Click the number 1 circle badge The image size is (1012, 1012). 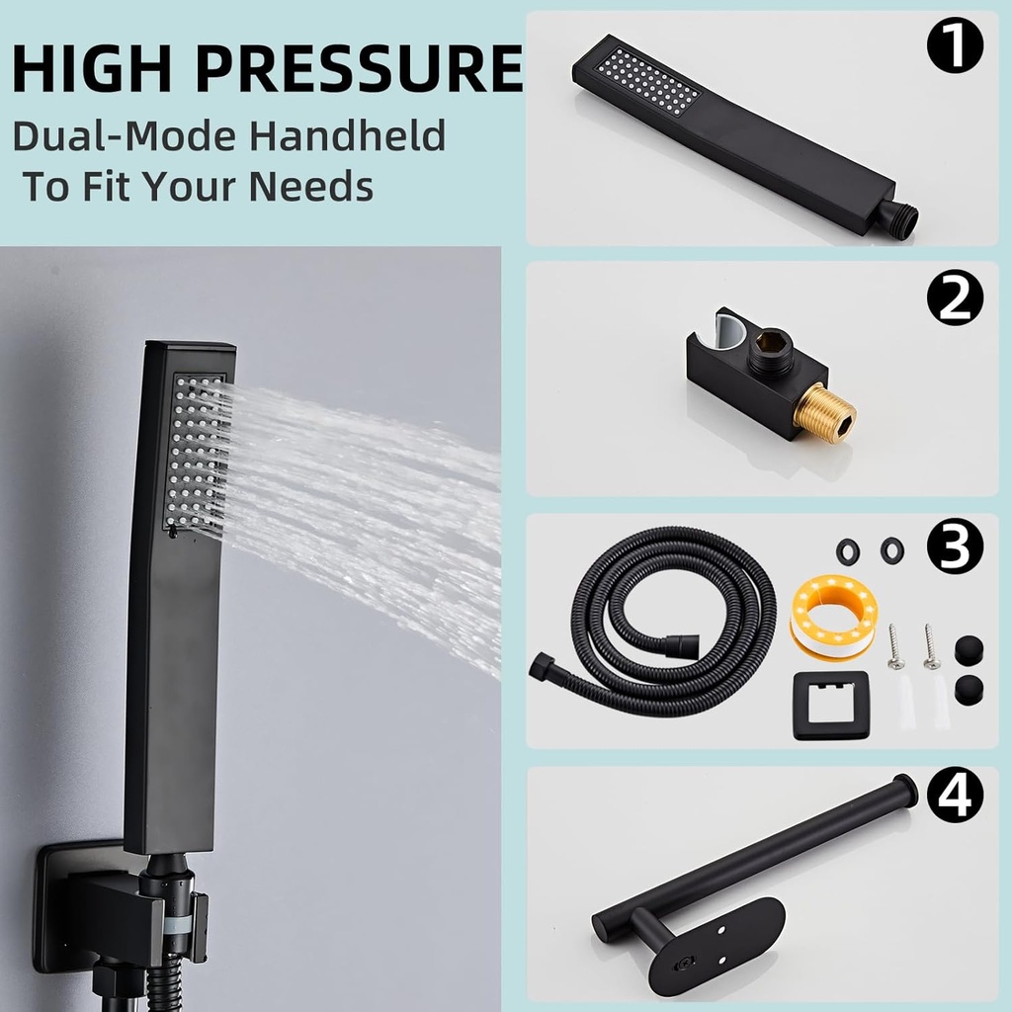pos(956,47)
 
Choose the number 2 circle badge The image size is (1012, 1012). pos(956,298)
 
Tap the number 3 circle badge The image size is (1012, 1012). pos(956,548)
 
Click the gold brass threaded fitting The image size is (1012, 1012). pos(826,414)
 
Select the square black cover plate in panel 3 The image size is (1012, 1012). pos(831,705)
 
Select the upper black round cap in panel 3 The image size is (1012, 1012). pos(969,650)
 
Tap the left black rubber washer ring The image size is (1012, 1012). pos(847,551)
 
